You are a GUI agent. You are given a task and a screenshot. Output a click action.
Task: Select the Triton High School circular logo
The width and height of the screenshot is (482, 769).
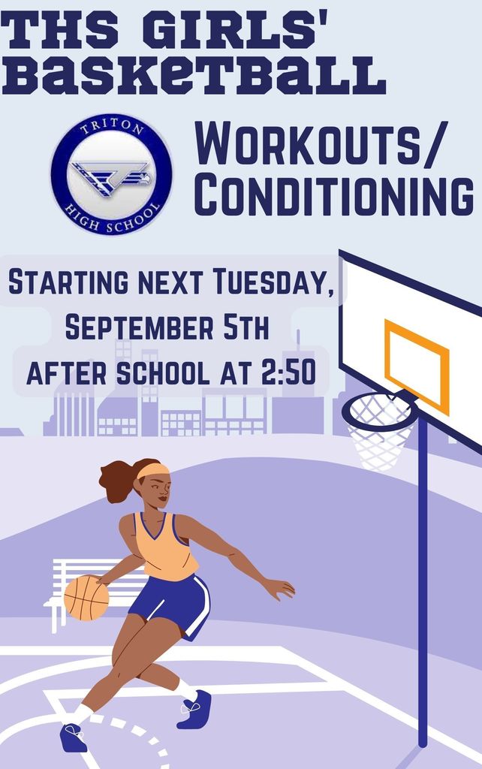(x=111, y=173)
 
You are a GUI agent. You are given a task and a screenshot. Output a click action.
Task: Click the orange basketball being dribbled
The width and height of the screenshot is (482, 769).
(x=86, y=598)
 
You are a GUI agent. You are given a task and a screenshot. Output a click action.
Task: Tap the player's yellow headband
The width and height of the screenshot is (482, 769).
(x=152, y=471)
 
